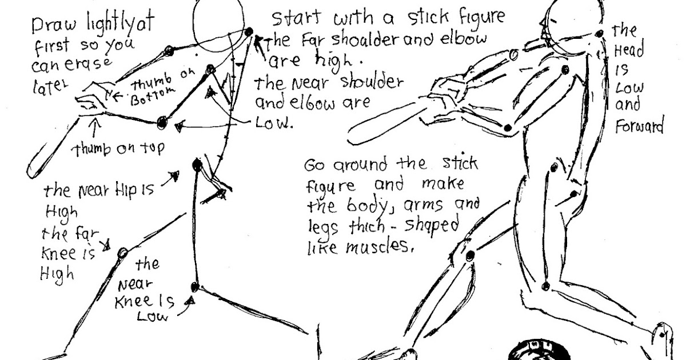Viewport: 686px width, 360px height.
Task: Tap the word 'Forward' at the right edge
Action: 639,126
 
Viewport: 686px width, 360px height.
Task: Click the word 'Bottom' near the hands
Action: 147,98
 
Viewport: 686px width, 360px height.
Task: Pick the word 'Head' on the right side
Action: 628,50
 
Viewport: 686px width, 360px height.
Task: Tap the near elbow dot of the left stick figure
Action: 163,122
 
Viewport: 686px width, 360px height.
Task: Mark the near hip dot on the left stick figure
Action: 198,165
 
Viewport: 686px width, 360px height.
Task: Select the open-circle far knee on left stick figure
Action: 121,253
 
